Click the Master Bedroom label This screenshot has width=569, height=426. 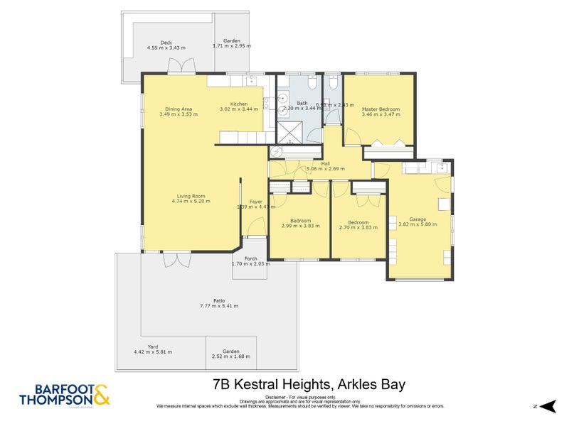point(380,109)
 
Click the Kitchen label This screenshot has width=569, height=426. point(239,104)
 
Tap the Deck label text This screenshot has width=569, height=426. point(166,43)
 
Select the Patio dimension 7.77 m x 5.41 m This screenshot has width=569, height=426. point(219,306)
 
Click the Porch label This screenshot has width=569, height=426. point(250,258)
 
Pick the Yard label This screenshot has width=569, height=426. point(153,346)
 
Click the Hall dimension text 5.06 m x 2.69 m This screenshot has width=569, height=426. point(325,169)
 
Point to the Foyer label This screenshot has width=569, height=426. point(255,202)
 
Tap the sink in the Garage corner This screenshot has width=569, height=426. point(441,169)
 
